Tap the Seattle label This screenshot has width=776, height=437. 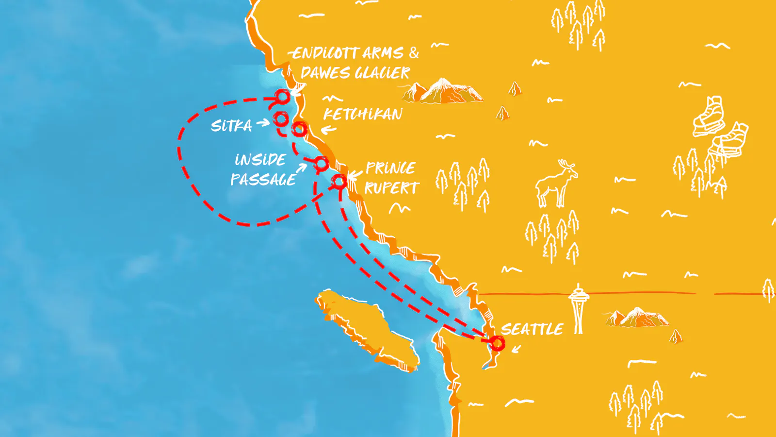click(x=532, y=329)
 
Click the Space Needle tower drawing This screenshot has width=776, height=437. click(x=578, y=308)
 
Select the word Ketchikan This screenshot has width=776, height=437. click(x=363, y=114)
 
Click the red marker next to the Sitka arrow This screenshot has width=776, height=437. click(x=281, y=119)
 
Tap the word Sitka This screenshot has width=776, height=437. click(x=231, y=126)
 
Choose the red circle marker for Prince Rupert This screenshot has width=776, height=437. click(x=339, y=182)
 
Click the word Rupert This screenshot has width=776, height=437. click(x=392, y=188)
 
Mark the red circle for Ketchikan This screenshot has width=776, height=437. click(x=299, y=129)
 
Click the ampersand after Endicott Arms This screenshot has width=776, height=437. click(x=414, y=52)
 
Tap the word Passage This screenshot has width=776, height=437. click(x=263, y=180)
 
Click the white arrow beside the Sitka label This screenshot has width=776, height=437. click(x=263, y=123)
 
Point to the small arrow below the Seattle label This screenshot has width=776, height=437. click(x=516, y=349)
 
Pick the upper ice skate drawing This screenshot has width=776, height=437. click(x=709, y=117)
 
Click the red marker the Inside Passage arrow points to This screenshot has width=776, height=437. click(x=321, y=164)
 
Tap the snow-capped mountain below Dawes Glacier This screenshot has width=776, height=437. click(x=444, y=91)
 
